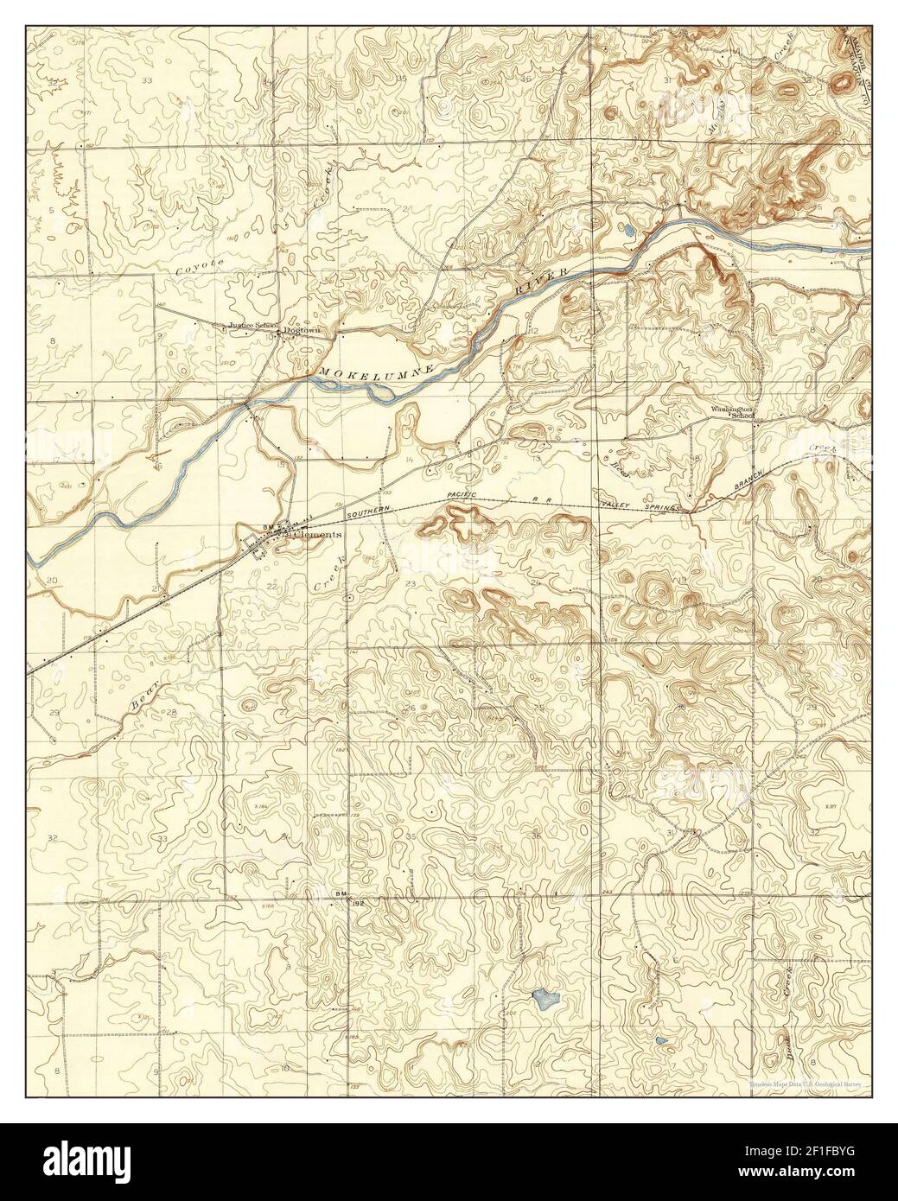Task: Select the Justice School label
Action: click(x=252, y=326)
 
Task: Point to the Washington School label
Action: click(x=733, y=411)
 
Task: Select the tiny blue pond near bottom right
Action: click(x=661, y=1040)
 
